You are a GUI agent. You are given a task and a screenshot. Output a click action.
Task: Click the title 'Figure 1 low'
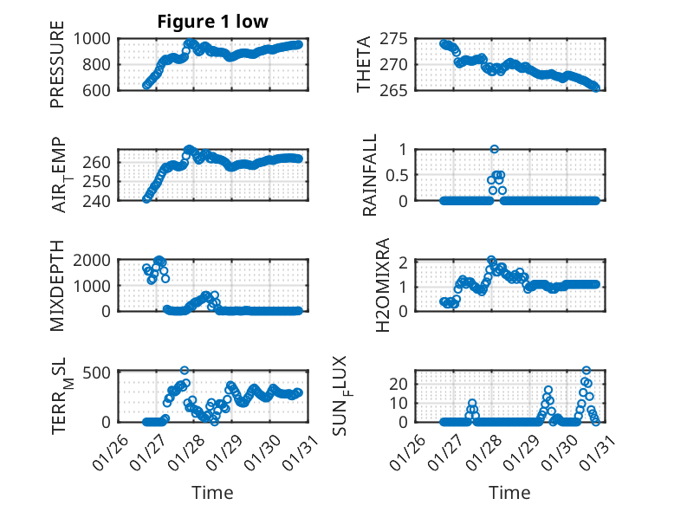click(x=212, y=22)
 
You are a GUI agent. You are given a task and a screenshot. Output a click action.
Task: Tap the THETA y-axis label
click(x=364, y=64)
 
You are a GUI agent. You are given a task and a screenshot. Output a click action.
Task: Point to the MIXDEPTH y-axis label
click(x=57, y=285)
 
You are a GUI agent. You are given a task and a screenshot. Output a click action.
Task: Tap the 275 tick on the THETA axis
click(x=395, y=39)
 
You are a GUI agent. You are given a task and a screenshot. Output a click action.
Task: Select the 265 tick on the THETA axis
click(x=395, y=90)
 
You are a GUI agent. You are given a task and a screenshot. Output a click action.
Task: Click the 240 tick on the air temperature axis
click(x=100, y=201)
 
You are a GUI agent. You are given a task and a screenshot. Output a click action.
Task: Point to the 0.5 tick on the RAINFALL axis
click(x=396, y=175)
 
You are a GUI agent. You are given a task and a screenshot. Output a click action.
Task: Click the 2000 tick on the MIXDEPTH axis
click(x=90, y=260)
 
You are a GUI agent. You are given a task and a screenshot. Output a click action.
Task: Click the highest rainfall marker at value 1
click(x=495, y=149)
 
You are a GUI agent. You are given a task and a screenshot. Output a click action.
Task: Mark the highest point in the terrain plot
click(x=185, y=370)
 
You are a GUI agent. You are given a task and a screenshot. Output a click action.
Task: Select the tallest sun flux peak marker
click(x=587, y=371)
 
